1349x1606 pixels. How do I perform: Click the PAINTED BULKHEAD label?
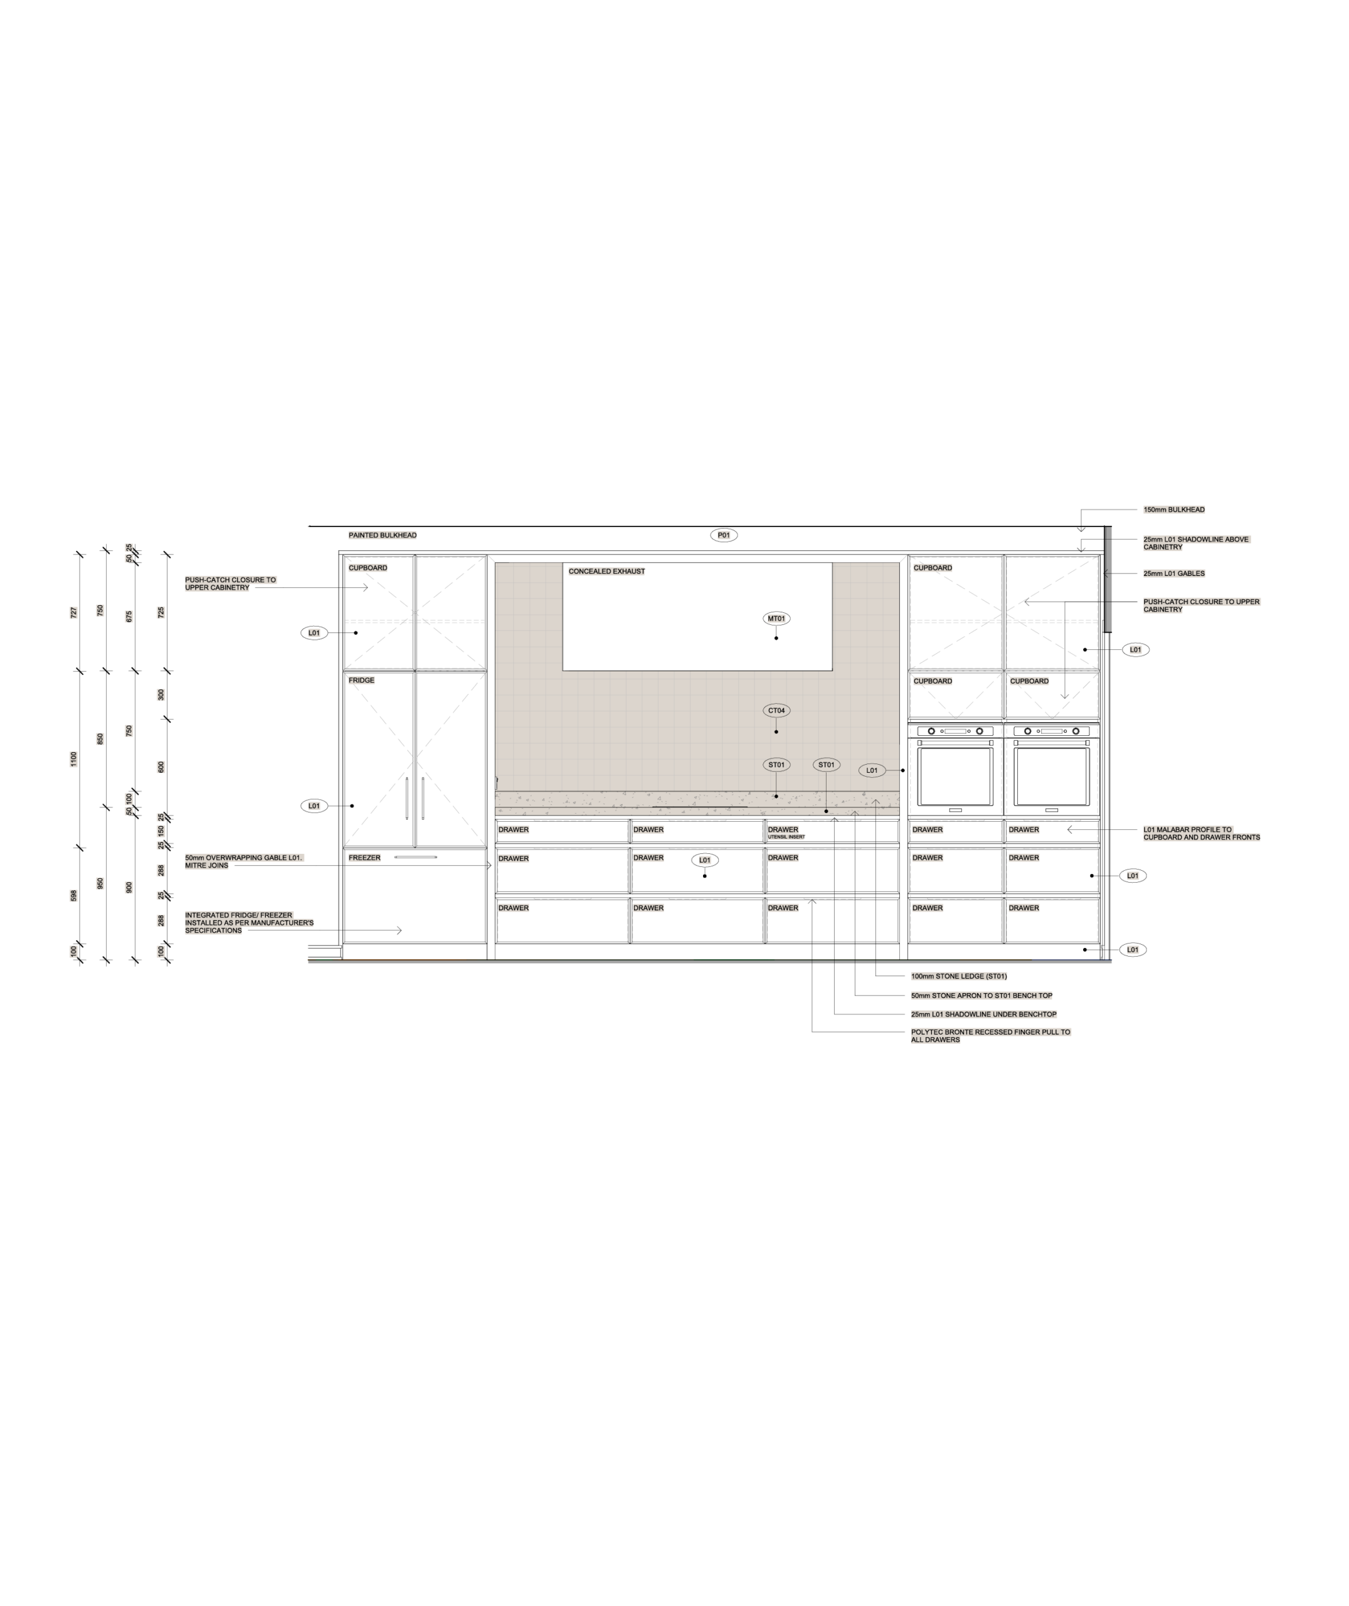383,535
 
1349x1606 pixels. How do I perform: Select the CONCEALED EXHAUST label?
606,572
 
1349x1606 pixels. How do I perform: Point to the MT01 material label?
776,619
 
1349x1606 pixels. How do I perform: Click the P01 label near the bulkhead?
724,535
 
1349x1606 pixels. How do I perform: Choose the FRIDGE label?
362,680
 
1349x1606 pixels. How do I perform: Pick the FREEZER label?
364,858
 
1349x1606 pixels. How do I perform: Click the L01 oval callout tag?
872,770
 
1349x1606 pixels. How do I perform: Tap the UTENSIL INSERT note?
785,838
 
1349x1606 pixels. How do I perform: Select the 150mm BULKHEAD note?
1174,509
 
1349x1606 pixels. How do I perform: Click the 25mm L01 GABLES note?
1174,573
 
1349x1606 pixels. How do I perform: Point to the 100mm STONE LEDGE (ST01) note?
959,977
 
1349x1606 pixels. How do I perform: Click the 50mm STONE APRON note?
981,996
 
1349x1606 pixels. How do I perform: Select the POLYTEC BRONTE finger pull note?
990,1036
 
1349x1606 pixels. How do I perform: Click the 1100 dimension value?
73,760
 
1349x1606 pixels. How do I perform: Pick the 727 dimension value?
73,612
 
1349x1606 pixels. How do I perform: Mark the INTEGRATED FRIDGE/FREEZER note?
248,922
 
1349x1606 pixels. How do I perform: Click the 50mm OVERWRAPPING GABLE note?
244,862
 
